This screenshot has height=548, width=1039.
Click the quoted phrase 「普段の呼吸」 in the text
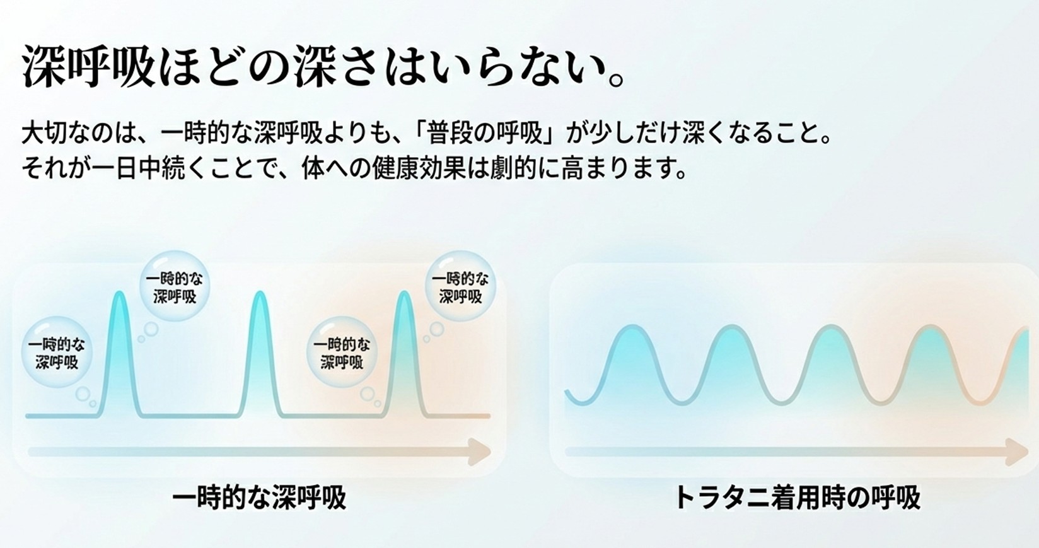486,134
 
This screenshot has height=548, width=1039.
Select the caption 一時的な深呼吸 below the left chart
259,498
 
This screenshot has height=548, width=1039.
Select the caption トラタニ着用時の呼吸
797,498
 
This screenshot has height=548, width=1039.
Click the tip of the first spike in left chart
119,294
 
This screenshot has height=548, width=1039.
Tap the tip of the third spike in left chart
404,294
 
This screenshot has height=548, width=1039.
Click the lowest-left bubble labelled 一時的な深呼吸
57,353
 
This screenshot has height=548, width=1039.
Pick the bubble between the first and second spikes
175,287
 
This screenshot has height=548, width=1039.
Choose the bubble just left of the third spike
342,353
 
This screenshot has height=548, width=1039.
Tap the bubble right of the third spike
461,287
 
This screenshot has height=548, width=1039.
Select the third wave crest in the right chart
830,327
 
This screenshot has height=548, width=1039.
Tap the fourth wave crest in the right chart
929,327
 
